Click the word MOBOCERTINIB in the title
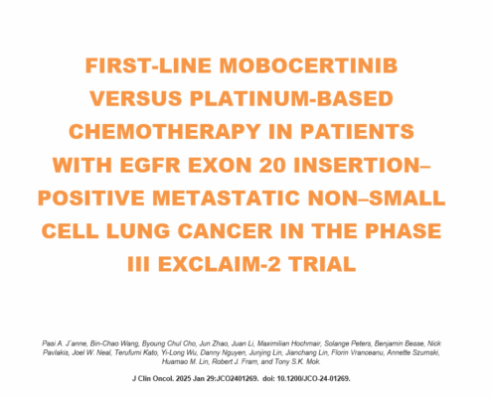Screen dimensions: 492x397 308,66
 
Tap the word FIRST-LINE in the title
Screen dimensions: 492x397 148,66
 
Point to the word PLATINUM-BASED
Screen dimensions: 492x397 291,98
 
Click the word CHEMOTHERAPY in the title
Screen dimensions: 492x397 165,132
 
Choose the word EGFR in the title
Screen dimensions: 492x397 150,165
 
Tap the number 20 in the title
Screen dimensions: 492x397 272,165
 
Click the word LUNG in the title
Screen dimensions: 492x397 138,231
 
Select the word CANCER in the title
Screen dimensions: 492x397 225,231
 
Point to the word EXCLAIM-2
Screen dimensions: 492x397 219,264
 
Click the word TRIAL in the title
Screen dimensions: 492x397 322,264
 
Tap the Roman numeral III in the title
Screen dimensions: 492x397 138,264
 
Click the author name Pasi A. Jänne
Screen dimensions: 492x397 65,343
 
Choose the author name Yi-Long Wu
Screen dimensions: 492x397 179,352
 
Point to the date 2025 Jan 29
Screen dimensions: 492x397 195,378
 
